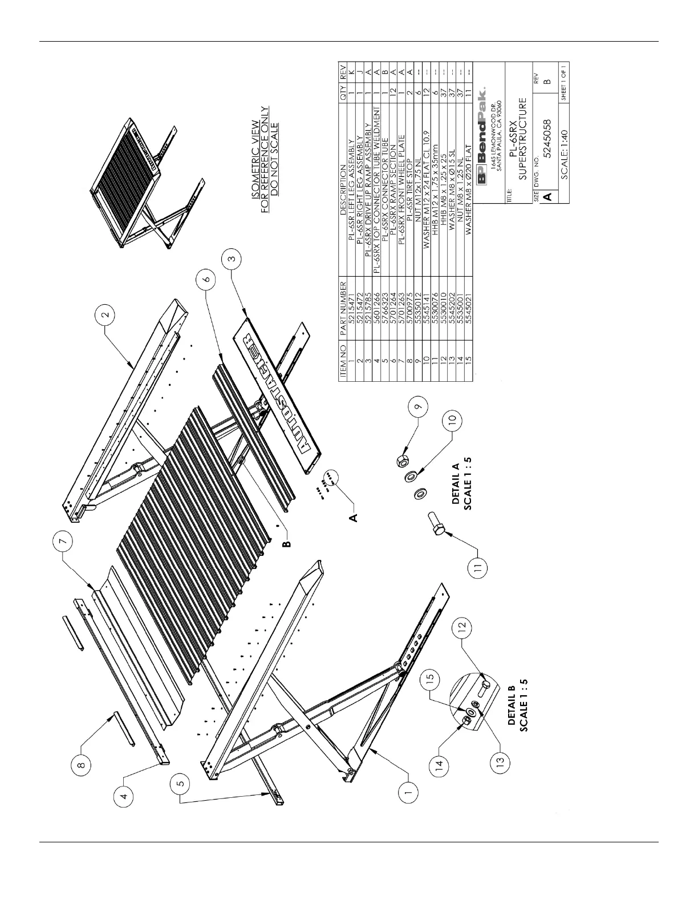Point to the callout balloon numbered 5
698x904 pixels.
180,785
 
